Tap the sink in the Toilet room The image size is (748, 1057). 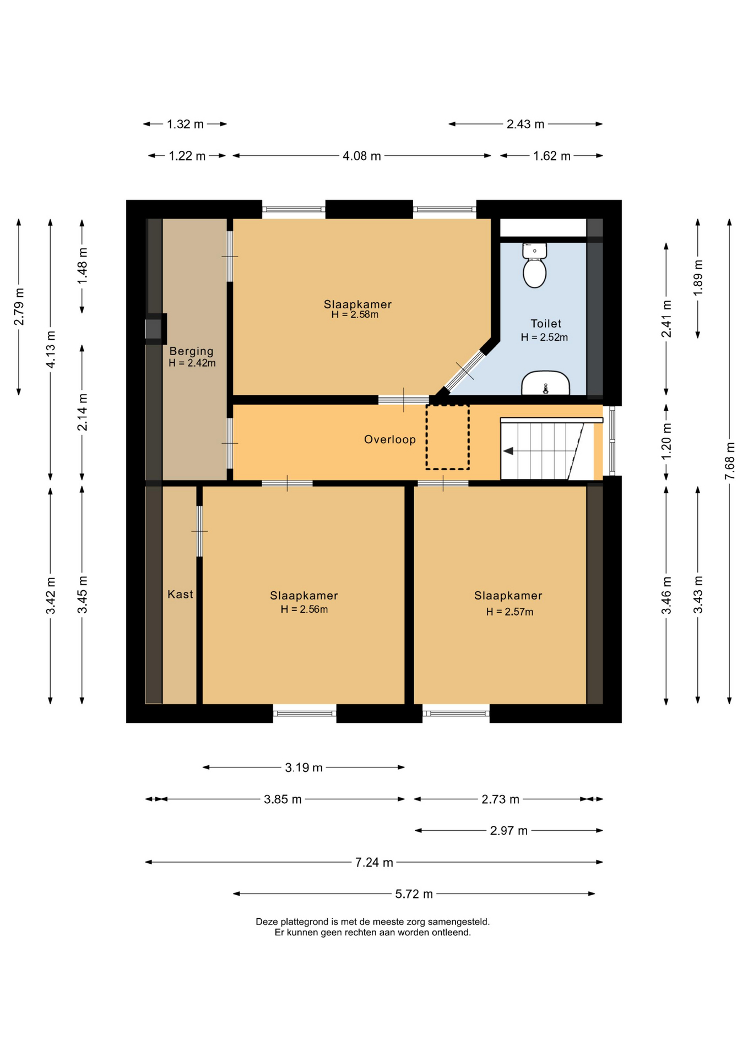click(x=545, y=383)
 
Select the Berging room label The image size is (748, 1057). click(x=191, y=351)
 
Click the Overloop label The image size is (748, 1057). click(x=390, y=439)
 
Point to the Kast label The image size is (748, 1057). click(x=180, y=594)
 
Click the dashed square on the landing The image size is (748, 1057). click(x=447, y=437)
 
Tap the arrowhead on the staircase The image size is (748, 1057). click(x=508, y=451)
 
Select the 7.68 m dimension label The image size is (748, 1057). click(x=730, y=461)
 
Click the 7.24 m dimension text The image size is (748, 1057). click(x=374, y=863)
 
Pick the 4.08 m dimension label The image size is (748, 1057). click(x=362, y=156)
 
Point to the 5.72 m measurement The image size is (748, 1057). click(x=414, y=894)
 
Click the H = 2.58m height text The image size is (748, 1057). click(x=355, y=315)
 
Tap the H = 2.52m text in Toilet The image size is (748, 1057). click(x=544, y=337)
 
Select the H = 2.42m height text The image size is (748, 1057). click(x=192, y=363)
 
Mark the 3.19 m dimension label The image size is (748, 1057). click(x=303, y=767)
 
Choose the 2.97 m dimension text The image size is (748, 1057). click(x=509, y=831)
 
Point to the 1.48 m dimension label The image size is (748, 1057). click(x=82, y=266)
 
